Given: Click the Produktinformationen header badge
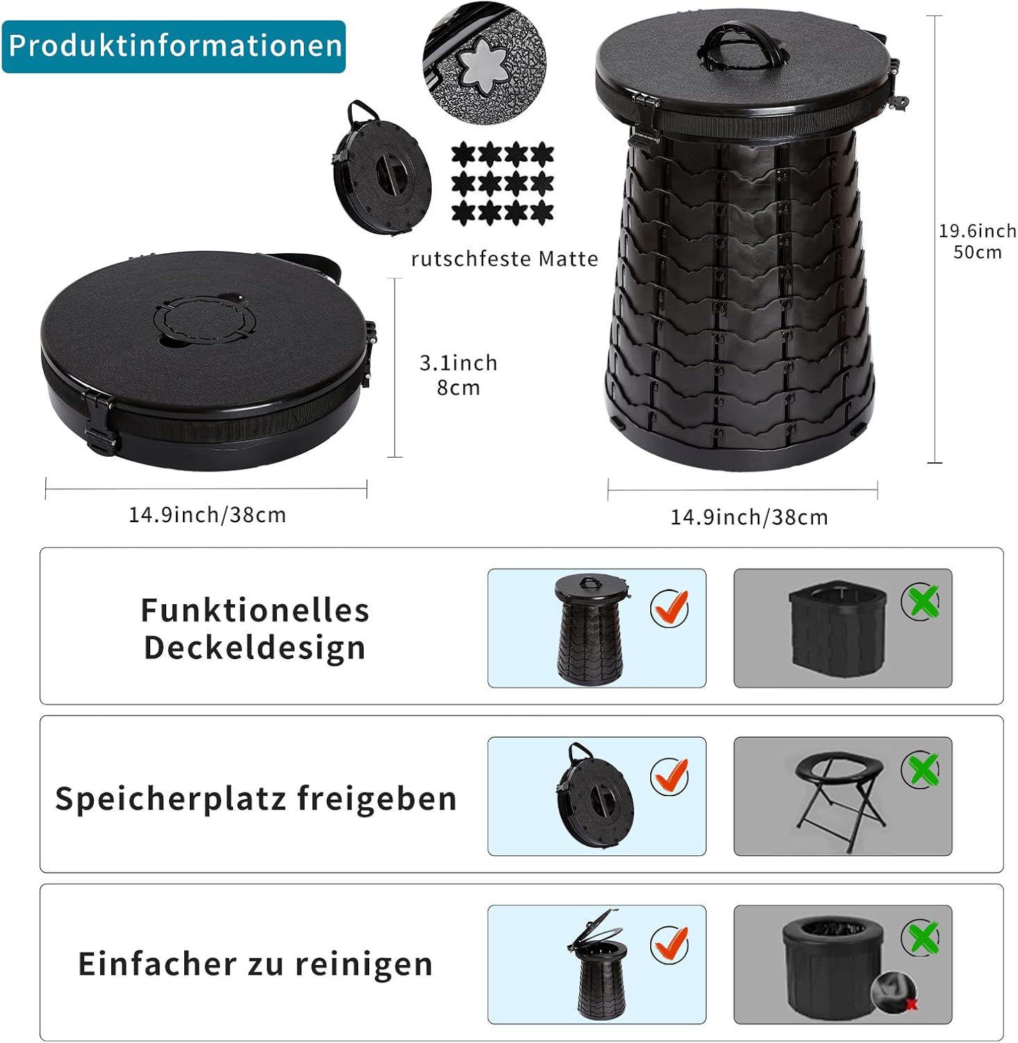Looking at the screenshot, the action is (x=174, y=46).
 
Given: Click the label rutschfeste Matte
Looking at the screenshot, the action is (x=505, y=259).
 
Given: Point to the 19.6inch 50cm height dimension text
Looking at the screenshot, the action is (x=978, y=241).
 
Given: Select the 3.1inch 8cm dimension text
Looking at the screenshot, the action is (x=458, y=375).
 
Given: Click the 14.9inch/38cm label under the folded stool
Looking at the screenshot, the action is (x=207, y=515).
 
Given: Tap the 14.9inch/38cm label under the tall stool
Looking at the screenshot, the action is (x=749, y=517).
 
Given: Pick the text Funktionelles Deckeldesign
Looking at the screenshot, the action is (x=255, y=629).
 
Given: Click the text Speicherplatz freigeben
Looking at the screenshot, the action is (x=256, y=798).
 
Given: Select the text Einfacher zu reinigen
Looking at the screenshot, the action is (x=255, y=964).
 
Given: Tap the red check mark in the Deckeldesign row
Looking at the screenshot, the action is (x=670, y=607).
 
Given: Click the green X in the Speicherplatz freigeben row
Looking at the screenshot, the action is (x=921, y=770).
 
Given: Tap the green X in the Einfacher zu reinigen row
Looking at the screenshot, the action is (x=921, y=938).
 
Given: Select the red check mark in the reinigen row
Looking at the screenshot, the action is (x=670, y=944).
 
